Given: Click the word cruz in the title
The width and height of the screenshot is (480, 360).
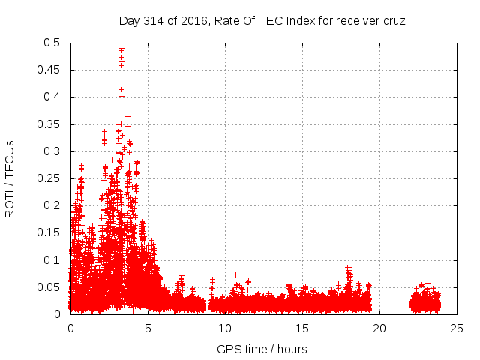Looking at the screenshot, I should click(392, 21).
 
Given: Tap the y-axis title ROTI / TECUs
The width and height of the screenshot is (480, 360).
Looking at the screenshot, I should click(10, 178).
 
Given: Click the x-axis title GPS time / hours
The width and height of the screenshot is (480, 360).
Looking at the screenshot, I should click(262, 349).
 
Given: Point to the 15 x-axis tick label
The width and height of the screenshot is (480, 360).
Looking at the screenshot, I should click(302, 328).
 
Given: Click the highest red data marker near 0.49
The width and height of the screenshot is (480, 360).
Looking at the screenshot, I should click(121, 49).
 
